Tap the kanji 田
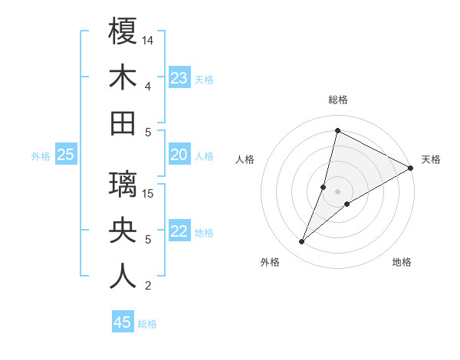click(x=123, y=123)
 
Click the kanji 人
click(x=123, y=276)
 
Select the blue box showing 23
click(x=179, y=78)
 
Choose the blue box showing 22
click(x=179, y=232)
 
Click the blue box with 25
click(x=66, y=155)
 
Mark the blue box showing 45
click(x=123, y=322)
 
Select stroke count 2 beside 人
click(x=147, y=286)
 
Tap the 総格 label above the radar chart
click(x=338, y=100)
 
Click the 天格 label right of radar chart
click(x=431, y=159)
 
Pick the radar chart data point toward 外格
click(x=301, y=242)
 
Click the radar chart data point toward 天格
click(x=410, y=169)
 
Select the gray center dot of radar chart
click(x=337, y=191)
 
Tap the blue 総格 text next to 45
click(x=148, y=324)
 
